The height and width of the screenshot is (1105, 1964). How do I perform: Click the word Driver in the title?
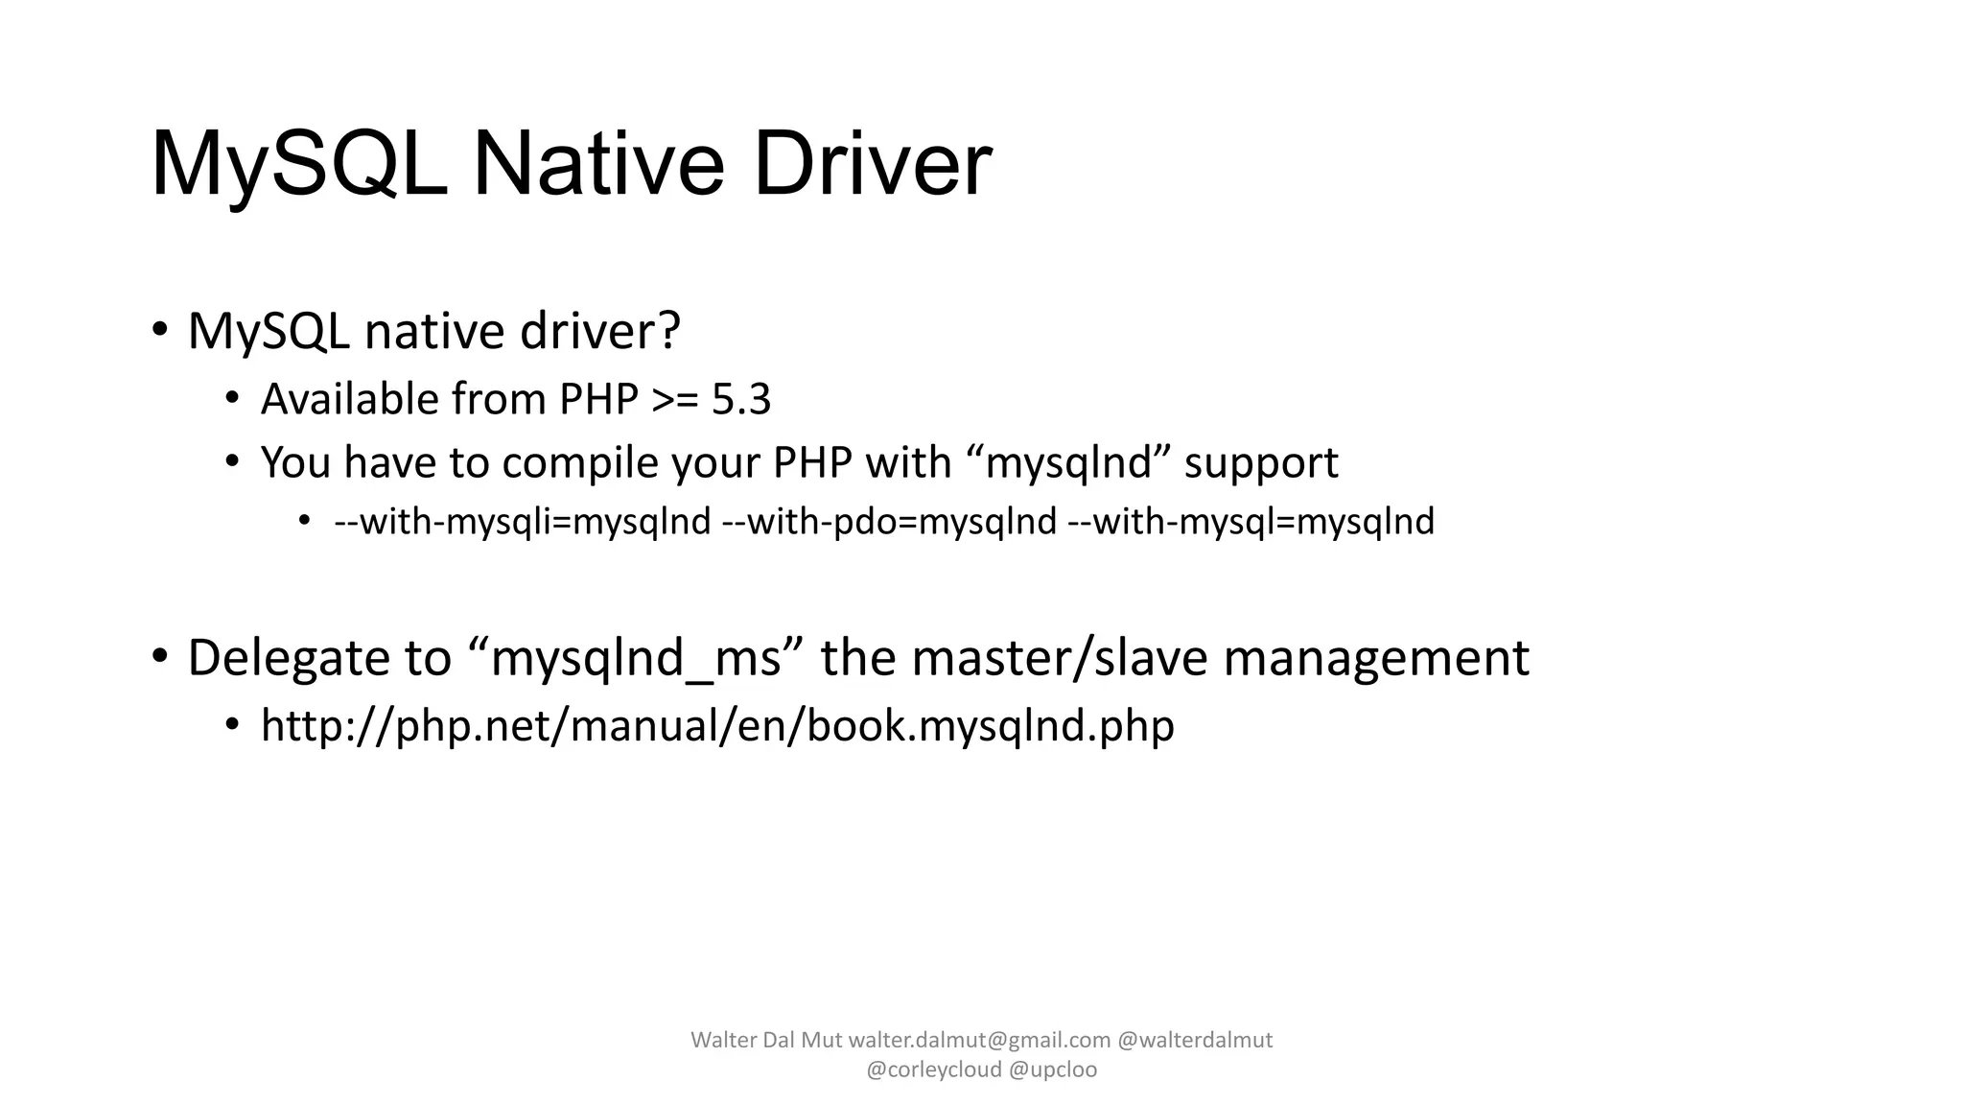[872, 164]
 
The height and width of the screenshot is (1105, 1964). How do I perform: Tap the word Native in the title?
[598, 164]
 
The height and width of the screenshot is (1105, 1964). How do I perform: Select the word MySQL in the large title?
[299, 164]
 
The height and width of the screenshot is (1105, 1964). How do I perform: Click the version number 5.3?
[741, 399]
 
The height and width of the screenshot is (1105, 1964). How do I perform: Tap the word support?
[1261, 463]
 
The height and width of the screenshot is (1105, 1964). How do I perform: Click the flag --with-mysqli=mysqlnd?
[523, 522]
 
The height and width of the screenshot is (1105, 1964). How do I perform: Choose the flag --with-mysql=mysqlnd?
[1251, 522]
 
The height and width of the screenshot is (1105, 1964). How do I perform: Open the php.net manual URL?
[717, 726]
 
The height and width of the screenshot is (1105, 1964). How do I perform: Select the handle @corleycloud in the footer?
[934, 1070]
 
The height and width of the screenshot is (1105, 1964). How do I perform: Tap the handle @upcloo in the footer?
[1053, 1070]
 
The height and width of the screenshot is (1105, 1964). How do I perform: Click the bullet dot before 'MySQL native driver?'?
[159, 331]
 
